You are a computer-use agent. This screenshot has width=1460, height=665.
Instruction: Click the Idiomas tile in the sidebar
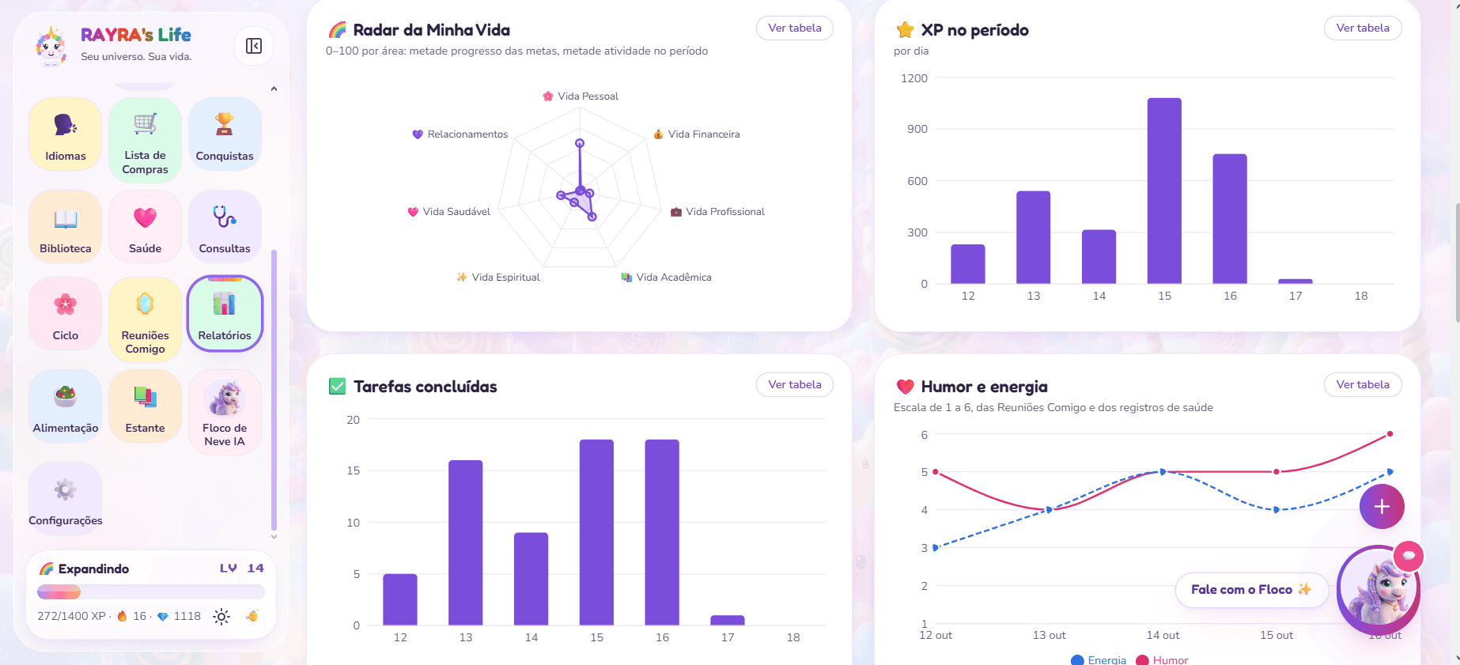pyautogui.click(x=66, y=134)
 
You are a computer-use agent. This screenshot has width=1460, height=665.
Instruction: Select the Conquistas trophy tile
pyautogui.click(x=225, y=134)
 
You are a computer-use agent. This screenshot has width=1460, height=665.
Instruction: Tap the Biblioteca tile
pyautogui.click(x=66, y=227)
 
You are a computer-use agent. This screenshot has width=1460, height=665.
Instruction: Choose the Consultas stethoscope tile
pyautogui.click(x=225, y=227)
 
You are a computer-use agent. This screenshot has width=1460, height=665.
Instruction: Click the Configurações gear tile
pyautogui.click(x=66, y=499)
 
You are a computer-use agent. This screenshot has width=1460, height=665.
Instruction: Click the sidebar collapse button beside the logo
pyautogui.click(x=254, y=46)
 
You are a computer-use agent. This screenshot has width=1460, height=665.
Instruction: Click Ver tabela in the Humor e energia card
pyautogui.click(x=1363, y=384)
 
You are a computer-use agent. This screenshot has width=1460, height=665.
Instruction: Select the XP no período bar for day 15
pyautogui.click(x=1164, y=191)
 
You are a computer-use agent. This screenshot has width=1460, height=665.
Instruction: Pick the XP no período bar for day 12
pyautogui.click(x=968, y=264)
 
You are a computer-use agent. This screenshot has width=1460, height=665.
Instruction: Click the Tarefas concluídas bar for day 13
pyautogui.click(x=466, y=543)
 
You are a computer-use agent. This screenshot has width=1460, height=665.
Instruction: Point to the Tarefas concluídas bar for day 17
pyautogui.click(x=728, y=621)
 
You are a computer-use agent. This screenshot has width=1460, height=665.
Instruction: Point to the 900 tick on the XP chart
pyautogui.click(x=917, y=129)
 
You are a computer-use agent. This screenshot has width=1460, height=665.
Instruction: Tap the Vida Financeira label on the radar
pyautogui.click(x=704, y=134)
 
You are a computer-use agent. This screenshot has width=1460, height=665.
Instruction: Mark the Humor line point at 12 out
pyautogui.click(x=936, y=472)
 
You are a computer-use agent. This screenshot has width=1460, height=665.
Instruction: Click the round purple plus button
pyautogui.click(x=1382, y=507)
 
